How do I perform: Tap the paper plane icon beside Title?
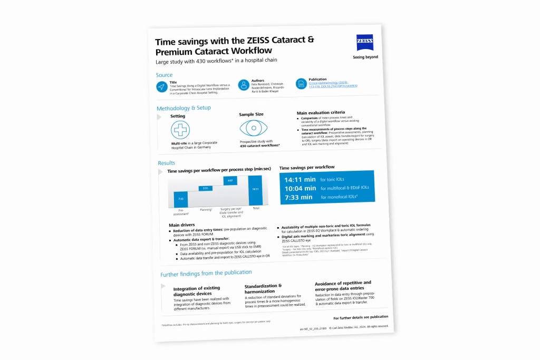pyautogui.click(x=162, y=87)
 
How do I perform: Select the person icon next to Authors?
pyautogui.click(x=243, y=85)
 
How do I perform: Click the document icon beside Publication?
pyautogui.click(x=301, y=84)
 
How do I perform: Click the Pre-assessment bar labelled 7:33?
pyautogui.click(x=180, y=199)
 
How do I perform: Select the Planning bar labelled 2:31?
pyautogui.click(x=206, y=188)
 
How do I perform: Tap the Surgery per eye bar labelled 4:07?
pyautogui.click(x=230, y=181)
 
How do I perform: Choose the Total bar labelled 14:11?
pyautogui.click(x=255, y=190)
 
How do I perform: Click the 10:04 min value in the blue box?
pyautogui.click(x=300, y=188)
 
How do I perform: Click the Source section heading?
pyautogui.click(x=164, y=75)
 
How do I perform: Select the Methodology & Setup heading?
pyautogui.click(x=184, y=109)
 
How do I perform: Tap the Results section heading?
pyautogui.click(x=166, y=163)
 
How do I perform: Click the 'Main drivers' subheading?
pyautogui.click(x=182, y=225)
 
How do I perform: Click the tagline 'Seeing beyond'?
pyautogui.click(x=365, y=57)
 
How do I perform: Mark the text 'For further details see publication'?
pyautogui.click(x=361, y=317)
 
